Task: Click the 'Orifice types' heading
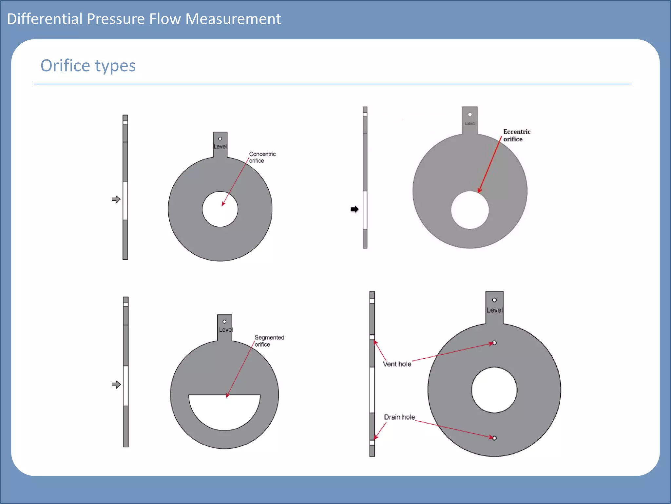(88, 66)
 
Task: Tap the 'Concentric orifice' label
(262, 157)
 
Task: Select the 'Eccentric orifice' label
(516, 135)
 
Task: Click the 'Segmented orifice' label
(269, 341)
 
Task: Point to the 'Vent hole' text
(397, 364)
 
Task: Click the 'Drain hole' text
(399, 417)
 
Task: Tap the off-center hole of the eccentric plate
(470, 210)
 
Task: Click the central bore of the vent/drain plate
(494, 390)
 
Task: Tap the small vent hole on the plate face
(494, 343)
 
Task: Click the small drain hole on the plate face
(494, 438)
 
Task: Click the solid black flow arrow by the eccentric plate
(355, 209)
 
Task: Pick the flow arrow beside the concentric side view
(116, 199)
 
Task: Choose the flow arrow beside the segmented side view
(116, 385)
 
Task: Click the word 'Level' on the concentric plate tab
(220, 147)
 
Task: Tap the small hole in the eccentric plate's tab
(470, 115)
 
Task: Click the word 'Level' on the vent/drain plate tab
(494, 310)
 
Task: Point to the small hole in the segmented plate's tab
(224, 322)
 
